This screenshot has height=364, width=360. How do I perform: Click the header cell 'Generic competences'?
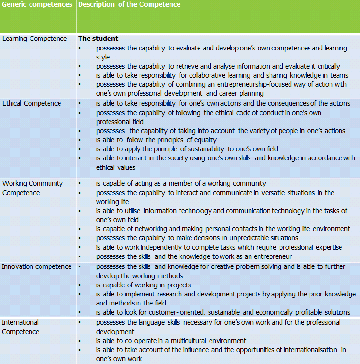[37, 5]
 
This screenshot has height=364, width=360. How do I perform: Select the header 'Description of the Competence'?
[129, 5]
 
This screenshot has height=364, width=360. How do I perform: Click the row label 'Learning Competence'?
[35, 39]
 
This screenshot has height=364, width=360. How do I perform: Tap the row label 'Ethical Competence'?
[32, 103]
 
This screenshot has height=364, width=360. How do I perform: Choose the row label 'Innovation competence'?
[37, 266]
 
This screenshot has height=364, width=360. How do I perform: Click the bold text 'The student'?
[98, 39]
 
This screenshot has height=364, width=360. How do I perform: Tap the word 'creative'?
[215, 266]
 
